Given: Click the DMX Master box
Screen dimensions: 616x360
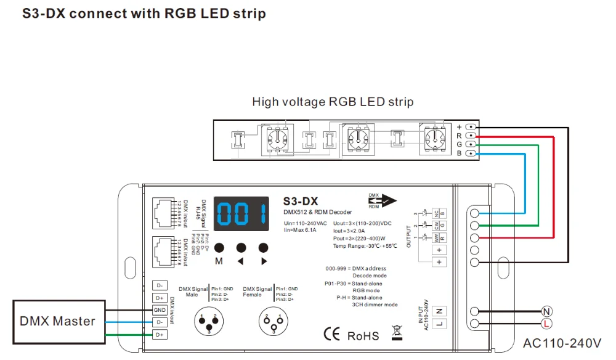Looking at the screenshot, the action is coord(57,321).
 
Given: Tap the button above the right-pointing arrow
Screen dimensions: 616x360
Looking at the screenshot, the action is coord(264,247).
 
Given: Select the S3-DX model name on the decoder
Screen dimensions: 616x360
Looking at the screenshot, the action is coord(300,201).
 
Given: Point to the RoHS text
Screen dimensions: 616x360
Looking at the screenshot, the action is coord(363,336).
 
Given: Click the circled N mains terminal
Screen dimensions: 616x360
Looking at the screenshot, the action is coord(546,311).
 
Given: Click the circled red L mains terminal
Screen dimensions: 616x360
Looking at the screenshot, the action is coord(546,324).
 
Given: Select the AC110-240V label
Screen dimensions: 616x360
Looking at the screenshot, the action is coord(562,342).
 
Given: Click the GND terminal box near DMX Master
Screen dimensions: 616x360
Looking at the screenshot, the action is coord(160,310).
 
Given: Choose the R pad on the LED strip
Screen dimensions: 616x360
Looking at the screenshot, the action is coord(471,134).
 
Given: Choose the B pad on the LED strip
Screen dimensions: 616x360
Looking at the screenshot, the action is coord(471,153).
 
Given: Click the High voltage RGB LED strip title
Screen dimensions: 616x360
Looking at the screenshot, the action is coord(333,102).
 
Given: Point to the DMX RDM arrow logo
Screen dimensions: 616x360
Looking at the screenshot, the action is coord(382,200).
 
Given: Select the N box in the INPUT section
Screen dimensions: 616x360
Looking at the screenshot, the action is coord(440,311).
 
